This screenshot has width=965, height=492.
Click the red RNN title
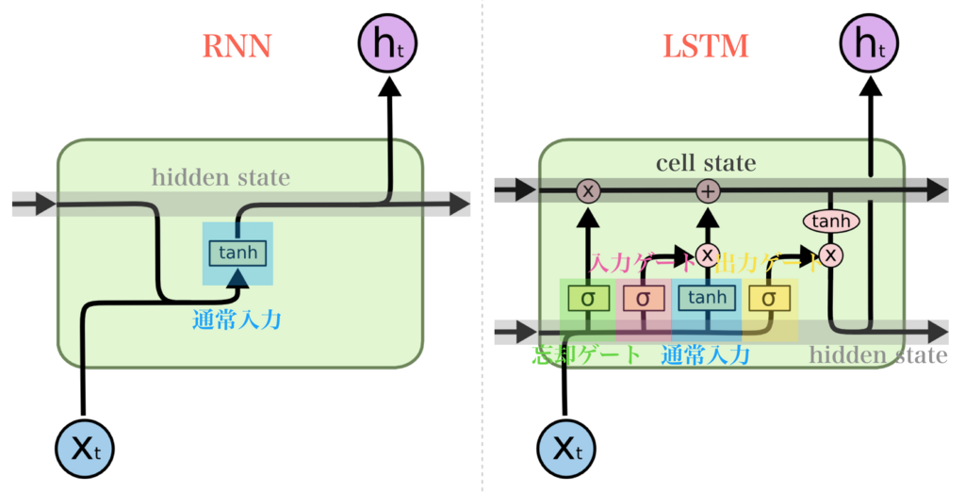237,46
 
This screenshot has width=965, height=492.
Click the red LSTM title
706,46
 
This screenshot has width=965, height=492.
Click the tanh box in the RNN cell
237,253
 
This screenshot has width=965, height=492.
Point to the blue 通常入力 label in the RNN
237,320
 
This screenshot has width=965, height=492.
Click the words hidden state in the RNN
221,177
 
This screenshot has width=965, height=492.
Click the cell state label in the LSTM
706,163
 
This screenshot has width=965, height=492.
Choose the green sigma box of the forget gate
588,298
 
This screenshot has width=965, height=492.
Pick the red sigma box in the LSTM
643,298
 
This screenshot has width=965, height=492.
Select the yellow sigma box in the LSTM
769,298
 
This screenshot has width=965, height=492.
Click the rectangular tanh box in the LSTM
707,298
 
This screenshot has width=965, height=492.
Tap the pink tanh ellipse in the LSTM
830,221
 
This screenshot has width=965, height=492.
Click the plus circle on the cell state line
707,191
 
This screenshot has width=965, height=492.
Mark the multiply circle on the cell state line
588,191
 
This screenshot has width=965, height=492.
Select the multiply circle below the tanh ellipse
830,254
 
